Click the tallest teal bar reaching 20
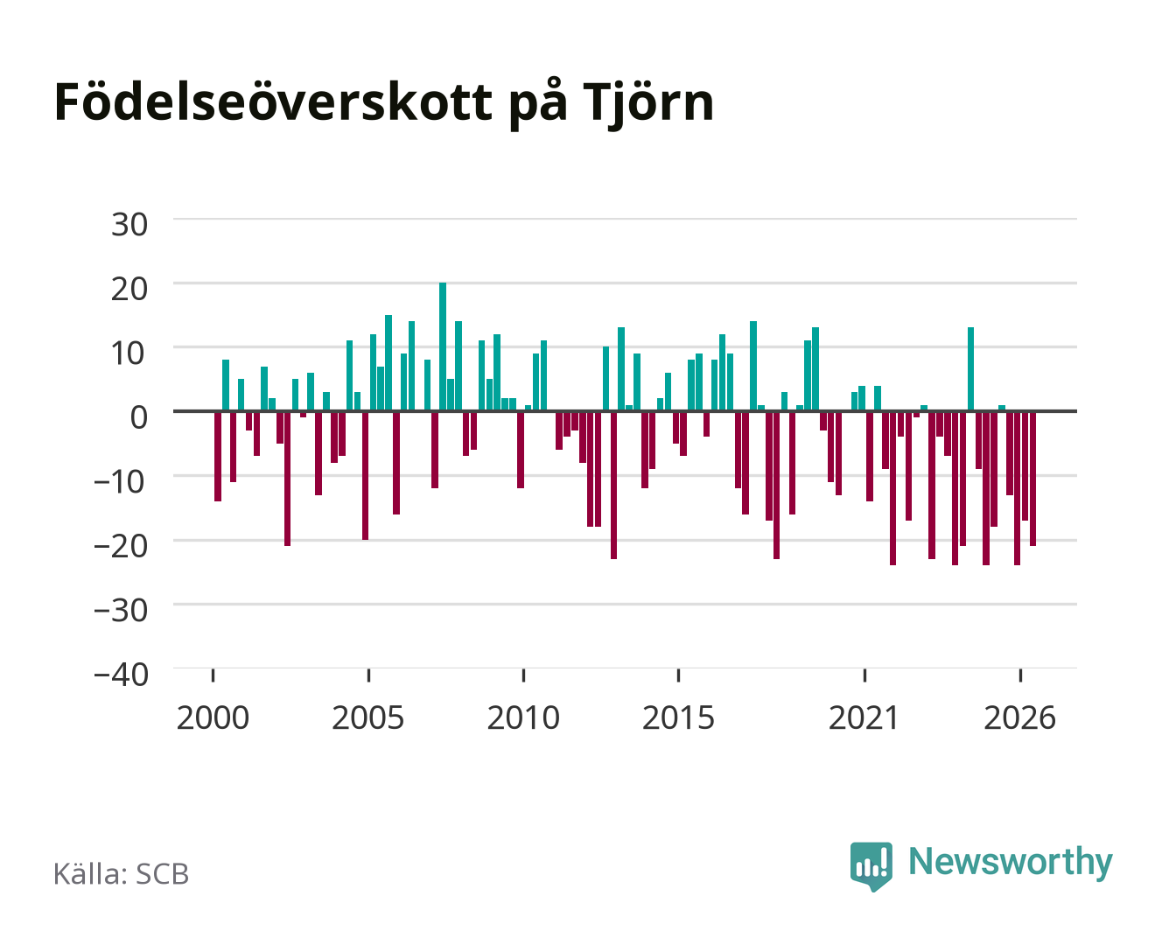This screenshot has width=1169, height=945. (443, 346)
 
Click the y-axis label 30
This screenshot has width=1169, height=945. (129, 225)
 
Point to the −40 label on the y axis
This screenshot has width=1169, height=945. (121, 674)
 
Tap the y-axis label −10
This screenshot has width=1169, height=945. (121, 481)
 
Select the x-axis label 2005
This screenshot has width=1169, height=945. (367, 717)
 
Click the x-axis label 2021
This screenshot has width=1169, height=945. (864, 717)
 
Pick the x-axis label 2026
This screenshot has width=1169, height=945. (1019, 717)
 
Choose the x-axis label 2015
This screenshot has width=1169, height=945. (678, 717)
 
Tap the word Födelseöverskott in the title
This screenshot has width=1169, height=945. (273, 102)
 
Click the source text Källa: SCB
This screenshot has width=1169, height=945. (122, 873)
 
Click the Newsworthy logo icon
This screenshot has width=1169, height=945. (871, 866)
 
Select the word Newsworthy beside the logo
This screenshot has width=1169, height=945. (1011, 862)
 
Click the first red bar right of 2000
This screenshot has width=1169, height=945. (218, 456)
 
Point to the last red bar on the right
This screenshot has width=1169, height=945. (1032, 479)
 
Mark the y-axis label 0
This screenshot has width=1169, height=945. (139, 417)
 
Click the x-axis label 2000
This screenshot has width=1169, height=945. (213, 717)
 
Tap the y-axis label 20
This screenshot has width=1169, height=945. (129, 289)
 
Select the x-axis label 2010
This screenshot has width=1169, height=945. (523, 717)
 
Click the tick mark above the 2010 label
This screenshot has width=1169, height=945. (523, 675)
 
